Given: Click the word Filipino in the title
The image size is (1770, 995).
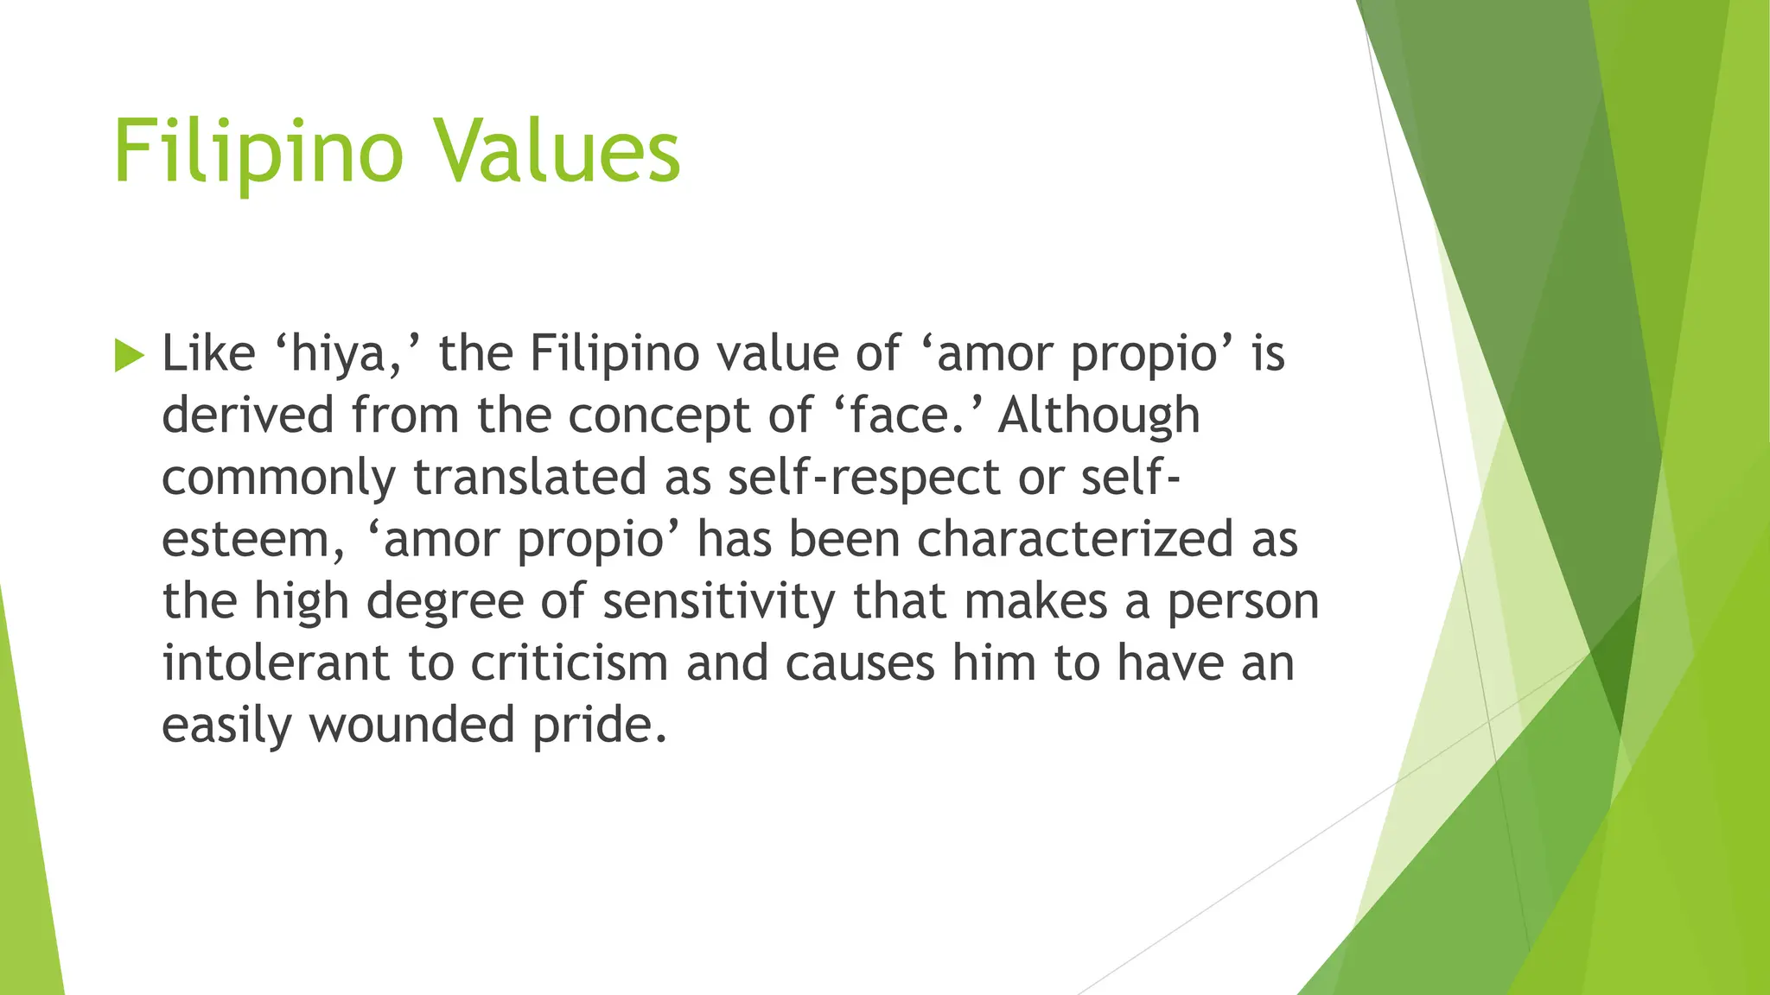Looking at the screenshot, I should click(258, 153).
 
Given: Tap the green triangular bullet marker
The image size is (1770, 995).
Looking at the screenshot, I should click(129, 355).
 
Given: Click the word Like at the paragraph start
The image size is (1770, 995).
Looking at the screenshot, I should click(208, 353).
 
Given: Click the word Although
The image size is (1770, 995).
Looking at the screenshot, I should click(1098, 415).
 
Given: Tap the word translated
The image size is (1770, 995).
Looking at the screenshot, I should click(530, 478).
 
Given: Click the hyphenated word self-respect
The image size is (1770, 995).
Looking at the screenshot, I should click(863, 478).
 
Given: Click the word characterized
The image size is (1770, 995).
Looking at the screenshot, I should click(1074, 540).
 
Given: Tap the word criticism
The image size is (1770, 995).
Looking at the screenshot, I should click(570, 663).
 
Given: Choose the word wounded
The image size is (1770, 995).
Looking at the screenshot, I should click(412, 725).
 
